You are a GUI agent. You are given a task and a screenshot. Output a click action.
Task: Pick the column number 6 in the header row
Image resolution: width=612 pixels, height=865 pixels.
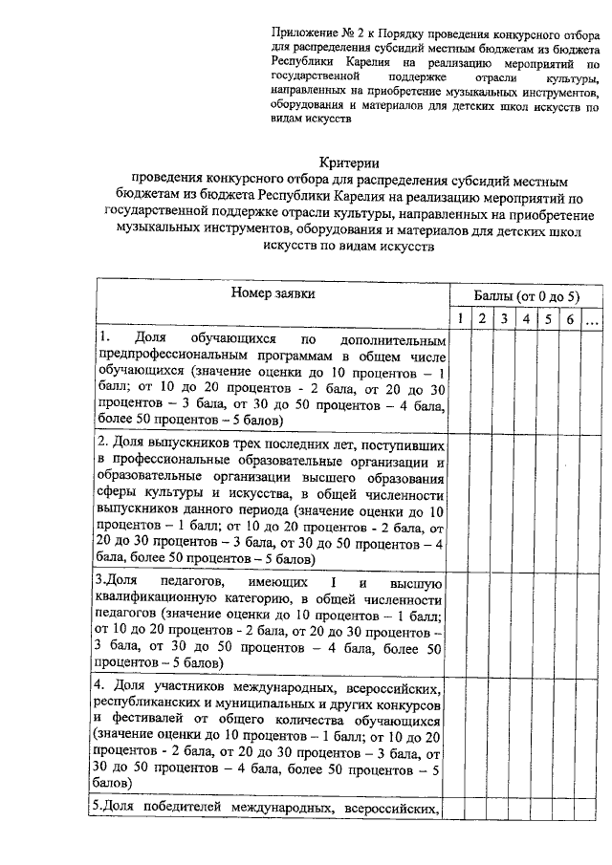(569, 318)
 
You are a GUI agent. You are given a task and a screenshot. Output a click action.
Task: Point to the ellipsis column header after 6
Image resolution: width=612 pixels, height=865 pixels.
(592, 318)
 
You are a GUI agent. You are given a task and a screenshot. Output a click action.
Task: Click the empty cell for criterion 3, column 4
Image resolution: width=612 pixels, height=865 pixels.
(525, 621)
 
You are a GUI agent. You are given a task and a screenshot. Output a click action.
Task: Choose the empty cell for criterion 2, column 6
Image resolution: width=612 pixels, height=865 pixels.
(569, 501)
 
